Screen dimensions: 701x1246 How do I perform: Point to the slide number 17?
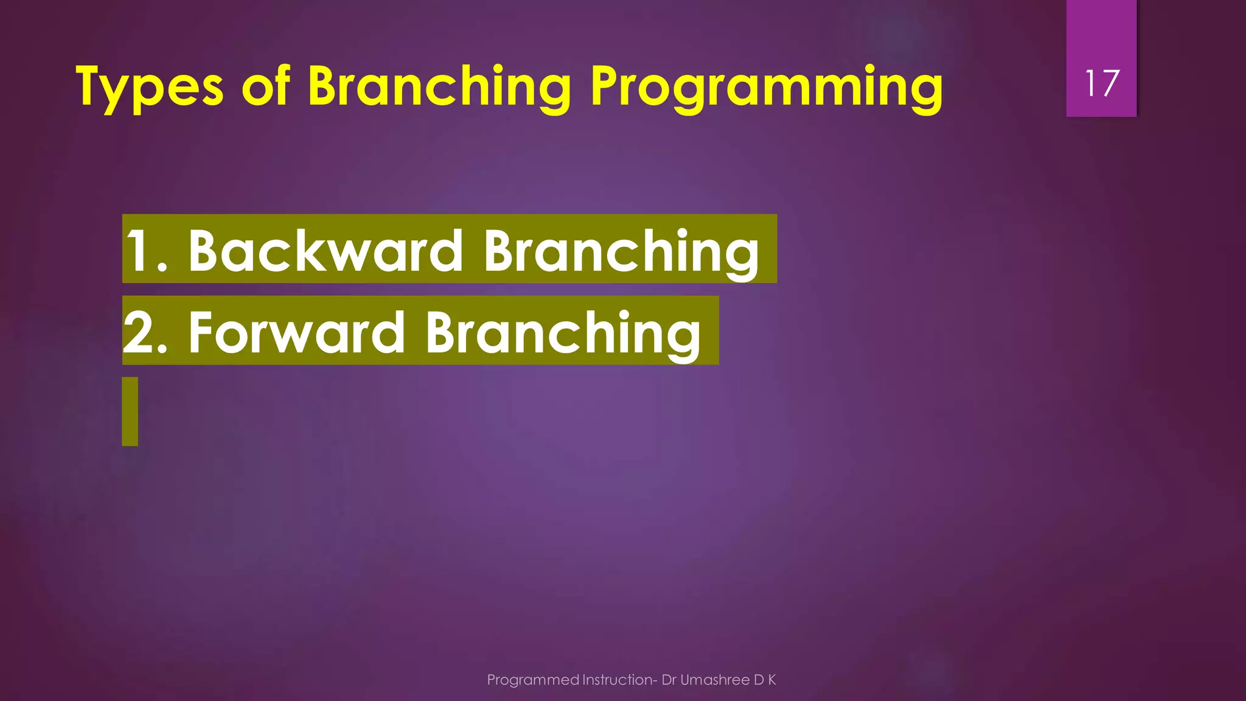(x=1101, y=83)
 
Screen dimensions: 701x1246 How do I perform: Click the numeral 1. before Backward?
(x=146, y=251)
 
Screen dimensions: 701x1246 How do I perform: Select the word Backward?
(x=325, y=251)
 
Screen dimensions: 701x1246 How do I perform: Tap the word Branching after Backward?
(x=621, y=252)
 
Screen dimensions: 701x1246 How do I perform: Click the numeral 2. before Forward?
(x=145, y=332)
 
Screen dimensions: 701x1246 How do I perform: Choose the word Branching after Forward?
(x=563, y=333)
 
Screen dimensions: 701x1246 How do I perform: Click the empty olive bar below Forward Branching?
(x=130, y=411)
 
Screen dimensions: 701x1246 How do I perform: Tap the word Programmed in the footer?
(x=533, y=680)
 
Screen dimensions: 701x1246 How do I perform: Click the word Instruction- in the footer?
(x=619, y=680)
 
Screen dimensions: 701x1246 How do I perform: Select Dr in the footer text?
(x=669, y=680)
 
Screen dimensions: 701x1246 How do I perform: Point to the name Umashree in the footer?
(x=715, y=680)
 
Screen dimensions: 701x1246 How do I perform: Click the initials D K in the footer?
(x=765, y=680)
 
